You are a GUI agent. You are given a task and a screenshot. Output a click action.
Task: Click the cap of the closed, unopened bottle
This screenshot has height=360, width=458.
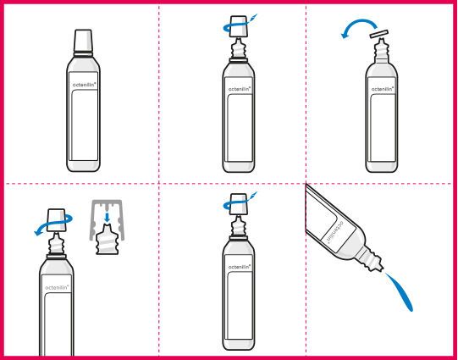[83, 41]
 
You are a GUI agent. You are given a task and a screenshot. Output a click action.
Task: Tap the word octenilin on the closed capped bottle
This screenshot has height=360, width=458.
[84, 85]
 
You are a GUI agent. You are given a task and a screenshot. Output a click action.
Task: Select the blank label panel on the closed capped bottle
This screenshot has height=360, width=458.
[84, 125]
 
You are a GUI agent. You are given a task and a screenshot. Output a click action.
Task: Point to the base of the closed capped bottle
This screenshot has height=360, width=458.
[84, 166]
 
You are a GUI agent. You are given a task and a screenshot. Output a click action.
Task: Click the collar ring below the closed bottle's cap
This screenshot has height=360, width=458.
[83, 54]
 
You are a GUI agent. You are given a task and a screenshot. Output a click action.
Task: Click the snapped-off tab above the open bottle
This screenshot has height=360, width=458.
[378, 34]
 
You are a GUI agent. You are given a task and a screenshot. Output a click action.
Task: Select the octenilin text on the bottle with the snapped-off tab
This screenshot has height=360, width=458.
[383, 89]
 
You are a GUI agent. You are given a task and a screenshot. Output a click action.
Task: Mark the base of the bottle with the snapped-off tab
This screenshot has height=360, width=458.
[382, 167]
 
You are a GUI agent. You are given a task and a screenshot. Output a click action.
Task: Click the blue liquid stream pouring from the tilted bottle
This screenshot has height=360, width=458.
[399, 291]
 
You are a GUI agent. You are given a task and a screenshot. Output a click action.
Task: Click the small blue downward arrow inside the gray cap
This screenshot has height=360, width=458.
[108, 217]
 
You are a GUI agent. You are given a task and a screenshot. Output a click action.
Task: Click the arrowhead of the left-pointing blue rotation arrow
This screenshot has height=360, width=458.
[38, 232]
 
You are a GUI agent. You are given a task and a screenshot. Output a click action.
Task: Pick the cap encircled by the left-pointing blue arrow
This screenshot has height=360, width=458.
[56, 220]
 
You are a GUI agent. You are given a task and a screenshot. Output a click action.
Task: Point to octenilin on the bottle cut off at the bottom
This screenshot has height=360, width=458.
[57, 287]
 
